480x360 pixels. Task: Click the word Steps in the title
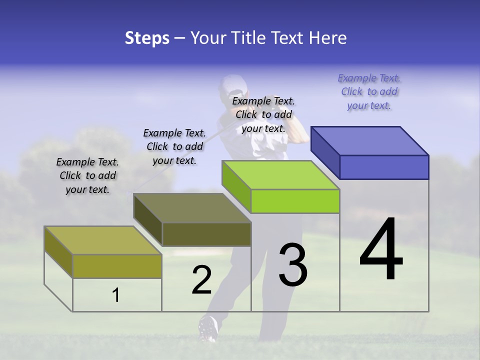(147, 38)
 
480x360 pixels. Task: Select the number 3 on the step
(293, 264)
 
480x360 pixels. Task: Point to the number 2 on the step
(202, 280)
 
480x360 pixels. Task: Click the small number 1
(115, 295)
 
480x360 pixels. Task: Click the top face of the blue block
(369, 140)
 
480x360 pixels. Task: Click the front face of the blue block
(384, 167)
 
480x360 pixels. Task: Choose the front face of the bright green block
(295, 201)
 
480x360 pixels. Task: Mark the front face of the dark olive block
(206, 234)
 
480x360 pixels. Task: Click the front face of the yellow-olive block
(117, 266)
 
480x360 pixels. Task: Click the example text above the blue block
(369, 92)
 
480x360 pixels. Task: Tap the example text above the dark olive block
(174, 146)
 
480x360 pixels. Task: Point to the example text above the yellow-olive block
(87, 175)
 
